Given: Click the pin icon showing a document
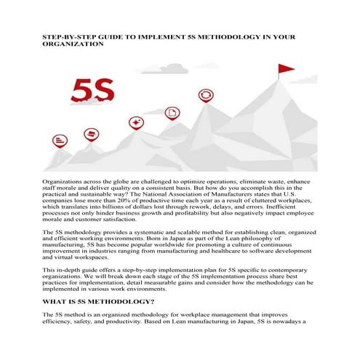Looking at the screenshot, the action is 172,113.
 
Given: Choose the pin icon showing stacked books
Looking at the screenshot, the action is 111,135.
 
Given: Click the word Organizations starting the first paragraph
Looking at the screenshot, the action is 64,179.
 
